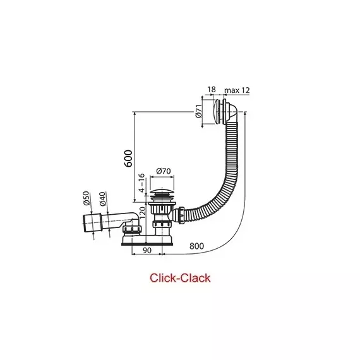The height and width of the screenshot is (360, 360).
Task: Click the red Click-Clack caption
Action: click(x=180, y=278)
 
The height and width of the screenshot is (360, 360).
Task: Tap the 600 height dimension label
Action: click(x=128, y=159)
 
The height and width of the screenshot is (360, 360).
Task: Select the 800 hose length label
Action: click(x=196, y=246)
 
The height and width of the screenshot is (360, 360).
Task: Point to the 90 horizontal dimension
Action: click(x=147, y=250)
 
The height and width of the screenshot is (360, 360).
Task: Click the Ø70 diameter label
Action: click(x=164, y=171)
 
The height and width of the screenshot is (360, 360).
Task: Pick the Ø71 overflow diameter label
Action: click(x=199, y=111)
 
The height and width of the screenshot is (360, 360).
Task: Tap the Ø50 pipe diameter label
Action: click(x=86, y=198)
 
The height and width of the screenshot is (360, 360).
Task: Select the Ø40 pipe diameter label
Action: click(x=102, y=199)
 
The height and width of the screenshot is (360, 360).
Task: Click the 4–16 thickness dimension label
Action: click(x=142, y=183)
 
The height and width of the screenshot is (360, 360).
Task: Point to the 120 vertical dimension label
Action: click(x=142, y=213)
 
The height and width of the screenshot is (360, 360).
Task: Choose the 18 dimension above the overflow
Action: click(x=212, y=89)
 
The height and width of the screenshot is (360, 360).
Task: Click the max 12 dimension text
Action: click(x=237, y=90)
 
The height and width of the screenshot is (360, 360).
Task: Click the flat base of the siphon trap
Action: click(x=147, y=244)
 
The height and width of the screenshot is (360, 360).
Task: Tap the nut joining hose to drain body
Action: click(x=181, y=215)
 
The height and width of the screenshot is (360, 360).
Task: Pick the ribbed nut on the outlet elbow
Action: click(x=132, y=229)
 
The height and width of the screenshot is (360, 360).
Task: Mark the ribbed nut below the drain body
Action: click(x=162, y=224)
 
